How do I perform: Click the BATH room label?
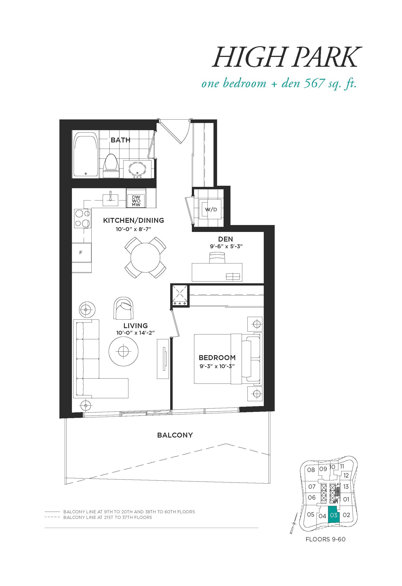120,140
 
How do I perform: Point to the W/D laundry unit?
211,209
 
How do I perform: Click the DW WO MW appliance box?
136,201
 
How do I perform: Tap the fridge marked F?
82,253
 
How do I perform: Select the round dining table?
145,257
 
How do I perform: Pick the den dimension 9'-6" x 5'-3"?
226,246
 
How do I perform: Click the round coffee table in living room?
123,351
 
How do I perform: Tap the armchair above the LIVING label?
123,308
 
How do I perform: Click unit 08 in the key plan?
311,470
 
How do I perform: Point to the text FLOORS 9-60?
325,539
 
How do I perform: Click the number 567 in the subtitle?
314,83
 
